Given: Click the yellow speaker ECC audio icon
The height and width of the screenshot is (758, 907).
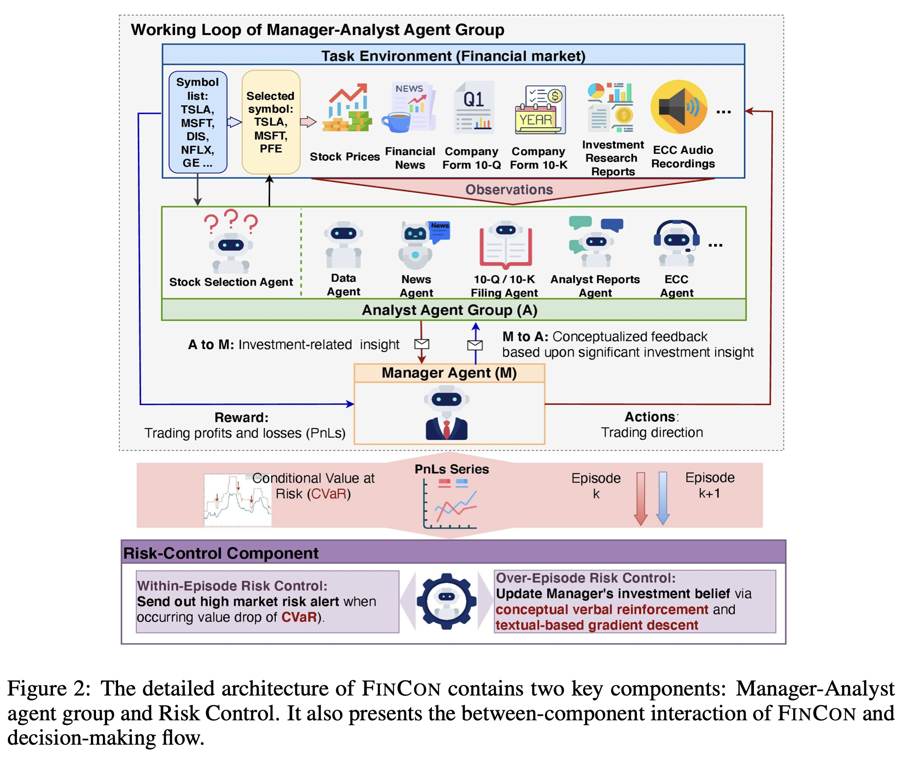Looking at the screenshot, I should point(679,107).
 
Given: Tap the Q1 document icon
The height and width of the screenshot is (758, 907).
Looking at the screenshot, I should point(474,107).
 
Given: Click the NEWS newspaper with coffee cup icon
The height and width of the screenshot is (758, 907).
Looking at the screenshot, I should point(409,107).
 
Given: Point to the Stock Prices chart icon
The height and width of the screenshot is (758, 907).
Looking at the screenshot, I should point(347,108).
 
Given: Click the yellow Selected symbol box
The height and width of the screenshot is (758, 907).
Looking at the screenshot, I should point(271,122).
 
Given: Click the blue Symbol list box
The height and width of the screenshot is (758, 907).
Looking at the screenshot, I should point(198,122).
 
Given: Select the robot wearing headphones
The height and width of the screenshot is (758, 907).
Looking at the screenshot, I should point(676,243).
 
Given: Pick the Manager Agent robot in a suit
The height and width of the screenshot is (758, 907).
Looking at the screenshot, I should point(446,413).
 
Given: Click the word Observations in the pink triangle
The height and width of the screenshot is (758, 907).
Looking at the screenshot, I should point(509,189).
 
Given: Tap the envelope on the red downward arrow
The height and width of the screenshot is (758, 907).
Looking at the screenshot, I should point(421,344).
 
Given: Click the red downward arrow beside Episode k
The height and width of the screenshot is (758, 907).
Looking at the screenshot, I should point(641,498).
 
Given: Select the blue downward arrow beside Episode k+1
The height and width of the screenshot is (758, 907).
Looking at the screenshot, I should point(663,498).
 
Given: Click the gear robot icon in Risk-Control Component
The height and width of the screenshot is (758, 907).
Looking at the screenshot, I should point(446,601).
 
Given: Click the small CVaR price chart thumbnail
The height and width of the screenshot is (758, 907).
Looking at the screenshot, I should point(238,500).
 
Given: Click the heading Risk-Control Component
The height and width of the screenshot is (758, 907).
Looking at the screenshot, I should point(221,553).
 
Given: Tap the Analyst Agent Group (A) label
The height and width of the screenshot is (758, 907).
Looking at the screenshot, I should point(449,310).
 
